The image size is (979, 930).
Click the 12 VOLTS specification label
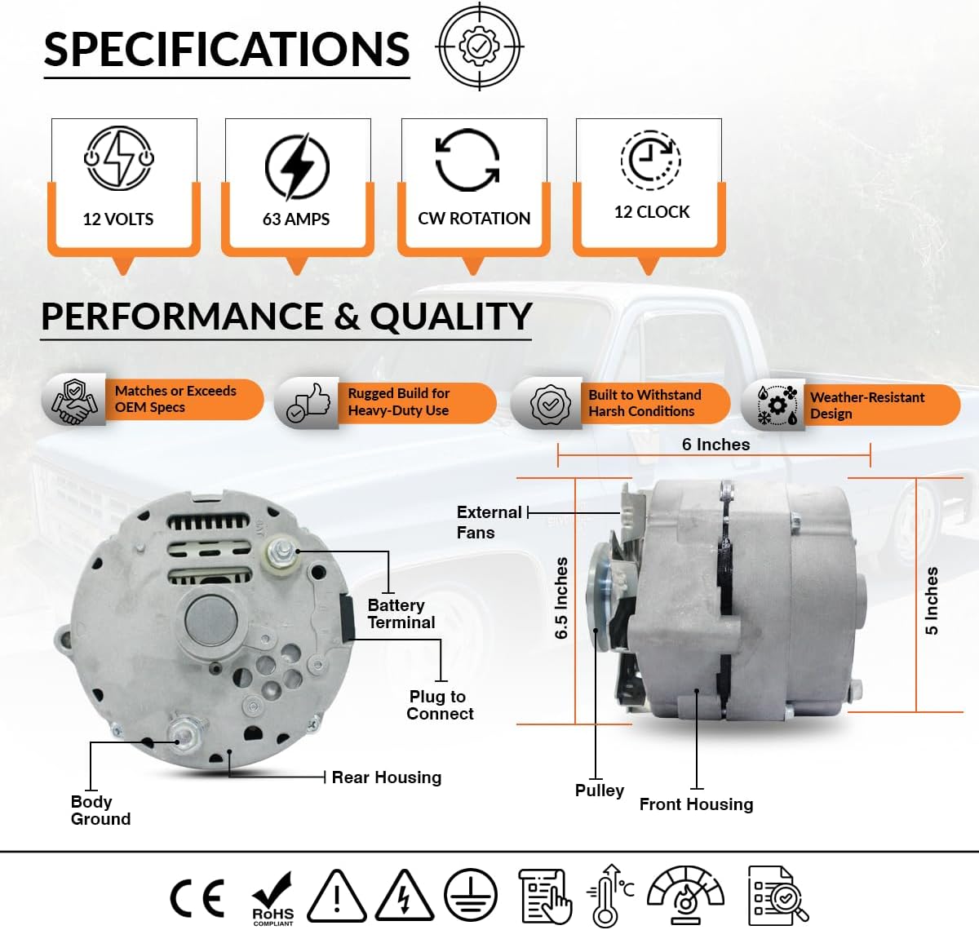[118, 219]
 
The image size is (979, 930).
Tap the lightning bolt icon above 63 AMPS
[297, 166]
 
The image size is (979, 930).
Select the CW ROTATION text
[474, 219]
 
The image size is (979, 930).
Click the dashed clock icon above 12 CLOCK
[650, 160]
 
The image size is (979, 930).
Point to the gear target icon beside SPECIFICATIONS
[480, 46]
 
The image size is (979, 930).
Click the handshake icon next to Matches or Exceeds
[74, 400]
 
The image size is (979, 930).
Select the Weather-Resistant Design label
[866, 405]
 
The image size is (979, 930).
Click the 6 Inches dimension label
[715, 445]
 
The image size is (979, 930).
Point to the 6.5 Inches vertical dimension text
[561, 598]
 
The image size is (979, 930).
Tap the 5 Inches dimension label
[932, 600]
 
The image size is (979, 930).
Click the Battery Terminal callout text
[401, 613]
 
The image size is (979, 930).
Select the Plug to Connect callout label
[440, 705]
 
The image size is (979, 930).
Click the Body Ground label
[100, 810]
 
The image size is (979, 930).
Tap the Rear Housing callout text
[386, 777]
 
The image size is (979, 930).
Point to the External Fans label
[488, 522]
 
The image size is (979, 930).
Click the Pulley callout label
[599, 790]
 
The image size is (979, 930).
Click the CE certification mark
[197, 897]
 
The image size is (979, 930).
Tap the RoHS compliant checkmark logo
[272, 898]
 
